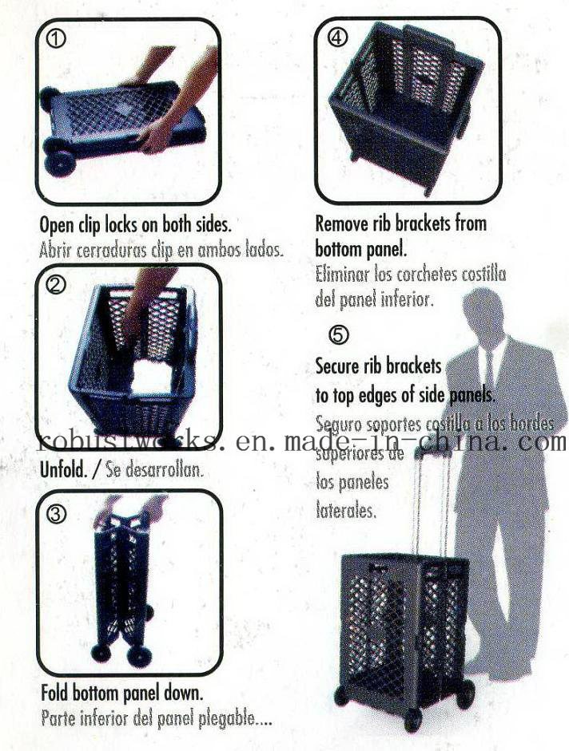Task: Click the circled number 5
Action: [338, 335]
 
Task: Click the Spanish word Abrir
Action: [55, 248]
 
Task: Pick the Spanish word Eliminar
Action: [344, 276]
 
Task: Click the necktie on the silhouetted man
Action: [488, 368]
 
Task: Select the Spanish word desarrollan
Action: [165, 470]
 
